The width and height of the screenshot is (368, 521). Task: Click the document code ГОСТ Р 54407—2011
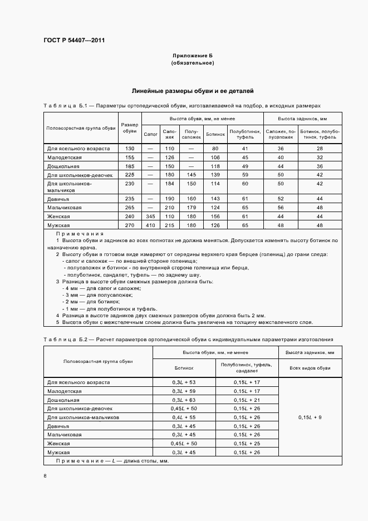[74, 41]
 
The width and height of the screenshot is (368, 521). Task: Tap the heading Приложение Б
[192, 56]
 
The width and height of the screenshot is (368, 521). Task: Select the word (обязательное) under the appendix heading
[192, 63]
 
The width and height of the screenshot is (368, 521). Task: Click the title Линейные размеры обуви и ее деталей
[192, 90]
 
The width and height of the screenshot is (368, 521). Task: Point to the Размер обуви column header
[130, 127]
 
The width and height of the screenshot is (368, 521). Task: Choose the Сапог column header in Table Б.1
[150, 134]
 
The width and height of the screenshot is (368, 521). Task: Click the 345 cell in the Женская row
[150, 216]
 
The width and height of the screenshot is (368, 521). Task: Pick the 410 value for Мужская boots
[150, 225]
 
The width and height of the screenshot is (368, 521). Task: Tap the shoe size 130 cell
[130, 149]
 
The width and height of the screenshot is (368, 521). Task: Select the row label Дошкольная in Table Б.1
[62, 166]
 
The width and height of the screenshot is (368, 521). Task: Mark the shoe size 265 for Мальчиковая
[130, 207]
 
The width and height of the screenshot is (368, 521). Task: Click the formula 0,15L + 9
[310, 417]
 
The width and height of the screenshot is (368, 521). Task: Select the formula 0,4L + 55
[184, 417]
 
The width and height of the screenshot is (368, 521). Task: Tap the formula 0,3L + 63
[184, 400]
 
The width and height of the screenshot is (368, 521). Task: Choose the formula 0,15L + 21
[247, 400]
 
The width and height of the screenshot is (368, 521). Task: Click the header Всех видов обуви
[310, 368]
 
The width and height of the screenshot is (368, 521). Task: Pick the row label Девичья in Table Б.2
[58, 426]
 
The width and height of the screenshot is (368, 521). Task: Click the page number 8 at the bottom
[45, 475]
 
